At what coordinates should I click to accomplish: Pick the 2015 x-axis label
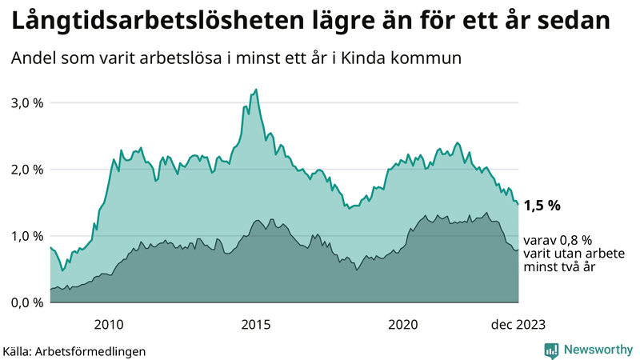[x=256, y=324]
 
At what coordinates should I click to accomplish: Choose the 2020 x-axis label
[x=403, y=324]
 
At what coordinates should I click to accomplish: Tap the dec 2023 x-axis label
[x=518, y=324]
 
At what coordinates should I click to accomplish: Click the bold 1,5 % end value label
[x=542, y=206]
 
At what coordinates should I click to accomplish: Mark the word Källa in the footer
[x=18, y=350]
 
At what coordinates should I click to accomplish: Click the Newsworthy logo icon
[x=551, y=350]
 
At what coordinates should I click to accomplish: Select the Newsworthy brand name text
[x=598, y=350]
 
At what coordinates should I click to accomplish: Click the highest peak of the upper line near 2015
[x=256, y=90]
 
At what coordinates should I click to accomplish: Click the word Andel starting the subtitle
[x=33, y=58]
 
